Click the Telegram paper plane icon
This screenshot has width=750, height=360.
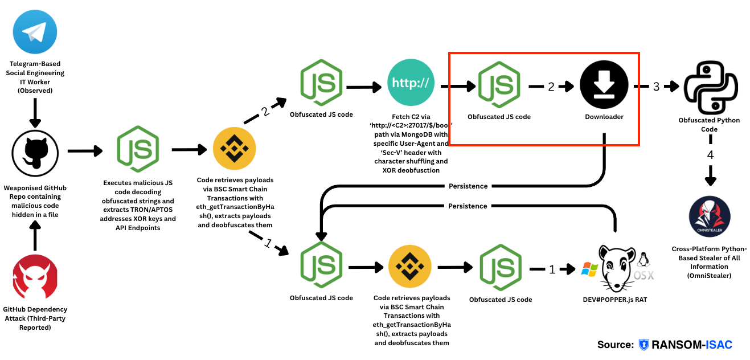coord(35,34)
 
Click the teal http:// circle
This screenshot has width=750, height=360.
coord(411,84)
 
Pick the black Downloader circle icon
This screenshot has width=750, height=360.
coord(604,85)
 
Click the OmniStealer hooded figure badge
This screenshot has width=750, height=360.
coord(710,218)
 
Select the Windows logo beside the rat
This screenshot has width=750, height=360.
coord(589,269)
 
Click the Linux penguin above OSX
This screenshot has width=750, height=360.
coord(644,260)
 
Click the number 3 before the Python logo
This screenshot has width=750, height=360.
coord(656,87)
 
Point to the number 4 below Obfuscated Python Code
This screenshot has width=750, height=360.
coord(710,154)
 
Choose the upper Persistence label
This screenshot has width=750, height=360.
coord(468,186)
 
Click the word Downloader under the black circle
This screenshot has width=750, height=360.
coord(604,117)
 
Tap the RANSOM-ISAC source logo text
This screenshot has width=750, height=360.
coord(691,345)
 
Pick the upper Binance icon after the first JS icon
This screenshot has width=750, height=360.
coord(234,150)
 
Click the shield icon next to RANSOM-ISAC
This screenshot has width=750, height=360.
coord(644,345)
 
